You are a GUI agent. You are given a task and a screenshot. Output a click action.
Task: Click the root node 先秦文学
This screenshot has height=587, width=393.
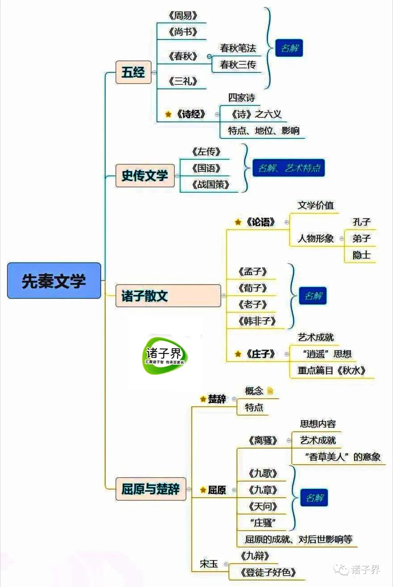point(54,281)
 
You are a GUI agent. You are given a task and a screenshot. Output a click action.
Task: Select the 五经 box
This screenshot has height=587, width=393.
point(133,72)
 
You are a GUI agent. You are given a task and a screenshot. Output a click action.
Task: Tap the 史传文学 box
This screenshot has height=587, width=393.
point(145,175)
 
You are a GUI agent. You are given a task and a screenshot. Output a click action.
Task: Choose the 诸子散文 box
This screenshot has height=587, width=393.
point(168,296)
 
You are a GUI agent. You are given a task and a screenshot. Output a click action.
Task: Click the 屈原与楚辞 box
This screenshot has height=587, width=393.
point(151,489)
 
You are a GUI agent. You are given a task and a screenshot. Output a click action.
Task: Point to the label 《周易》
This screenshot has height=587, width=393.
point(183,16)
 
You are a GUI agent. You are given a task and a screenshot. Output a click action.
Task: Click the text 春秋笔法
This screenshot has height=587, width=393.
point(238,48)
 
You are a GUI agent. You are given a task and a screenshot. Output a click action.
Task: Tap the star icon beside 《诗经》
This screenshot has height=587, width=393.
point(168,114)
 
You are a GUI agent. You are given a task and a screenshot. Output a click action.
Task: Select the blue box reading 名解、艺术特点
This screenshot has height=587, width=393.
point(289,168)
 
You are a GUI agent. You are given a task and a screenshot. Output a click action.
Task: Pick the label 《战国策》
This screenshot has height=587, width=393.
point(211,185)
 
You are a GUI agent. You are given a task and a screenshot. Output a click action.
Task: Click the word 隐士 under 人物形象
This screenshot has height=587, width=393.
point(361,255)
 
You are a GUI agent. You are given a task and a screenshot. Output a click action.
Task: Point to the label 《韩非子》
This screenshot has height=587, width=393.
point(257,321)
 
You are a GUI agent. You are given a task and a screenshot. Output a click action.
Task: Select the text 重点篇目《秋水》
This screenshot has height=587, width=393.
point(332,370)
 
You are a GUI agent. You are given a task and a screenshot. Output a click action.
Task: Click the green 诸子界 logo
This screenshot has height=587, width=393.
point(164,355)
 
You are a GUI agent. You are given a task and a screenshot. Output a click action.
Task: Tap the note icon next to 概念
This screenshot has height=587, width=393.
point(270,391)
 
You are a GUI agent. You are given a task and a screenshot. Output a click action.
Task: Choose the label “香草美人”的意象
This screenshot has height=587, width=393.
point(342,457)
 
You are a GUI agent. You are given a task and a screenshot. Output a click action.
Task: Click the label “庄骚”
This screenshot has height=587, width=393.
point(263,523)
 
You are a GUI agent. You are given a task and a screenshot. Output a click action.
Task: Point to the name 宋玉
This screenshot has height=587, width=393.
point(209,564)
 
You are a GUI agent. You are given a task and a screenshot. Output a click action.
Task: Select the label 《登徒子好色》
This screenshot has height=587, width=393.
point(267,572)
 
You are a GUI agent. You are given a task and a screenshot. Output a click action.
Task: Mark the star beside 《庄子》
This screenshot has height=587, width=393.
point(238,354)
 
